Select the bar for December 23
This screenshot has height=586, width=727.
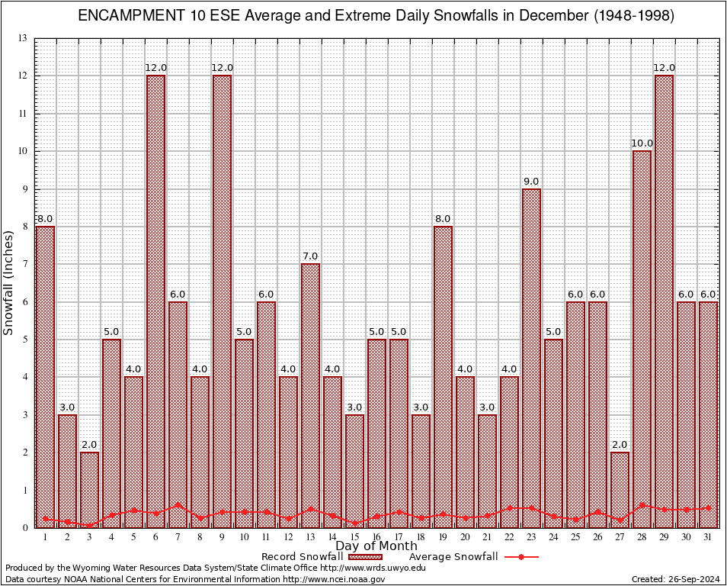click(531, 359)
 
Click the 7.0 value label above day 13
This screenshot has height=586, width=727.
click(310, 256)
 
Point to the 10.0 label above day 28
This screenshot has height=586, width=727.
click(642, 143)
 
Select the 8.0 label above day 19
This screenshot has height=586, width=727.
click(443, 219)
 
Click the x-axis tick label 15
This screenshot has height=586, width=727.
click(354, 537)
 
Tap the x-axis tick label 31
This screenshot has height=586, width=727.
click(708, 537)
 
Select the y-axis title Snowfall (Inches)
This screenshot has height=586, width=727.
click(9, 282)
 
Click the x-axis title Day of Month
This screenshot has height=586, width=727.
click(376, 546)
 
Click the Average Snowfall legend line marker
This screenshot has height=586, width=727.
click(520, 557)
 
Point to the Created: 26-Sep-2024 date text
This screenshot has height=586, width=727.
click(675, 579)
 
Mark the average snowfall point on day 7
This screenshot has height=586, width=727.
click(178, 504)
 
